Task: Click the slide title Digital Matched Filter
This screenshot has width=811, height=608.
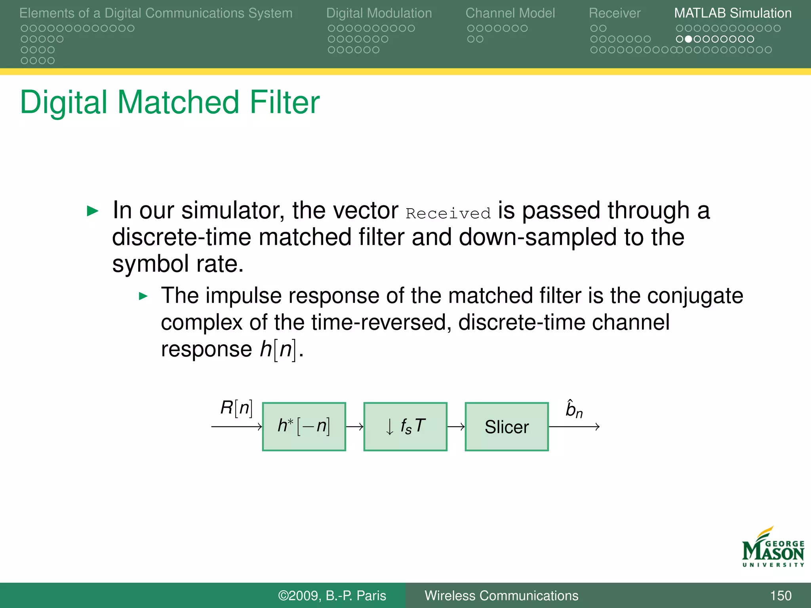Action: point(169,102)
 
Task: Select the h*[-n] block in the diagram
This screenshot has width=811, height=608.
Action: point(304,427)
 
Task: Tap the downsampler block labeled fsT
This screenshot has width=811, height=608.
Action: point(405,427)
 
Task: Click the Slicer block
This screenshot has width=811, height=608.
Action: point(506,427)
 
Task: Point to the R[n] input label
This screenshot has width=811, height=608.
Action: point(236,408)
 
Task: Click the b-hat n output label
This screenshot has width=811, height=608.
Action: point(574,409)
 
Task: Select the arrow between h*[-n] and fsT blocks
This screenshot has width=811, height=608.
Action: point(354,427)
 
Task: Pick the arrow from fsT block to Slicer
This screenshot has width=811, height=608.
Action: point(456,427)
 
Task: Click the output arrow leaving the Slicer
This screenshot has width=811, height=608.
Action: point(574,427)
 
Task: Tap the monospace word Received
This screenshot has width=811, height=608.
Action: point(448,214)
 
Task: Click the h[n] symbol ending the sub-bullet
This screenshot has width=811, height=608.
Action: point(278,350)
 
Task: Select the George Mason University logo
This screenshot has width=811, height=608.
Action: point(773,548)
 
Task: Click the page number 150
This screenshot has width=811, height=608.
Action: point(780,595)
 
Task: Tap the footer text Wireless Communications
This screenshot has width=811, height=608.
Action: point(501,595)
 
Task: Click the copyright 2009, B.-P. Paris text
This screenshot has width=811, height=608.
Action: point(332,595)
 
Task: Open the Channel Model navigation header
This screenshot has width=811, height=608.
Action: point(510,13)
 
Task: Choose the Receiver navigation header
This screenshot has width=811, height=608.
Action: point(615,13)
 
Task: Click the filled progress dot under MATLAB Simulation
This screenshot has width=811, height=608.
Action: point(688,39)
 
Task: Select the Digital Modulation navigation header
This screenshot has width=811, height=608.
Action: point(379,13)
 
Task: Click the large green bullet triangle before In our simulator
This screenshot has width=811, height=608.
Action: point(92,211)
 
